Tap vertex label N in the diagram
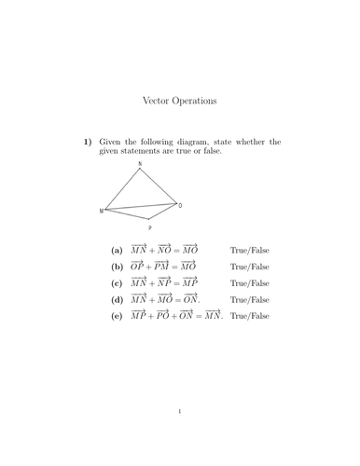(x=141, y=165)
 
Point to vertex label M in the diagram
(x=102, y=212)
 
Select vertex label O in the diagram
(x=180, y=205)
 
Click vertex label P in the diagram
(x=149, y=228)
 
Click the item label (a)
(x=117, y=251)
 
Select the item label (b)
(x=117, y=267)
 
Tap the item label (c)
(x=117, y=283)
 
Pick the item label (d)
(x=117, y=300)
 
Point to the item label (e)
(x=117, y=317)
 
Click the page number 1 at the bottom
(x=179, y=411)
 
